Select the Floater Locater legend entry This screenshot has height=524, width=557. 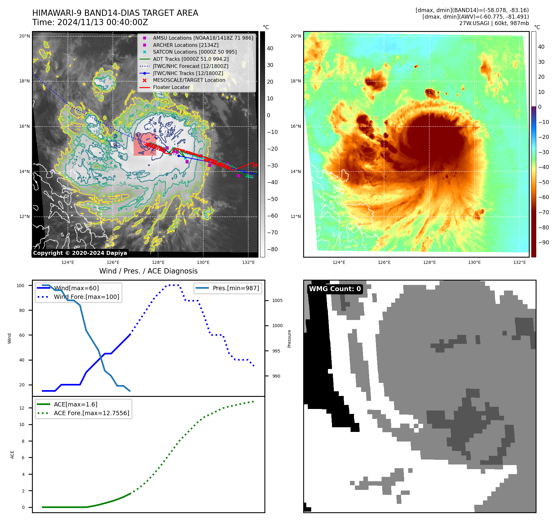(171, 87)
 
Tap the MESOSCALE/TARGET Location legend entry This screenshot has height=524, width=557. (189, 80)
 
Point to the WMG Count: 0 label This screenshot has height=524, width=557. (335, 289)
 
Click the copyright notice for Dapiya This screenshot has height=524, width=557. (80, 253)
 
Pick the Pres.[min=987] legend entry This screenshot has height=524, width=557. (236, 288)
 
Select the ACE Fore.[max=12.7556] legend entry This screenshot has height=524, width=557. (91, 413)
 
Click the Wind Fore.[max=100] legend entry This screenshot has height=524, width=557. (86, 297)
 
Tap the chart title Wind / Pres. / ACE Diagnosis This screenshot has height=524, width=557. (148, 271)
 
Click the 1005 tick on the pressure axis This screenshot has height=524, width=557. (277, 301)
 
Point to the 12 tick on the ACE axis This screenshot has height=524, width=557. (22, 408)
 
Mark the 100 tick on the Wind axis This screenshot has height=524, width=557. (20, 286)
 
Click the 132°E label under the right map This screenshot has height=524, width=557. (519, 263)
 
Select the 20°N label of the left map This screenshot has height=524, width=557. (24, 36)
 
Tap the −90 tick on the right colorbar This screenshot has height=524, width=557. (543, 242)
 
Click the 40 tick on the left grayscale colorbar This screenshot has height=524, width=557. (270, 48)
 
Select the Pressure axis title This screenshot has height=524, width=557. (289, 339)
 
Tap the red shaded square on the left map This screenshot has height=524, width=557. (144, 144)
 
